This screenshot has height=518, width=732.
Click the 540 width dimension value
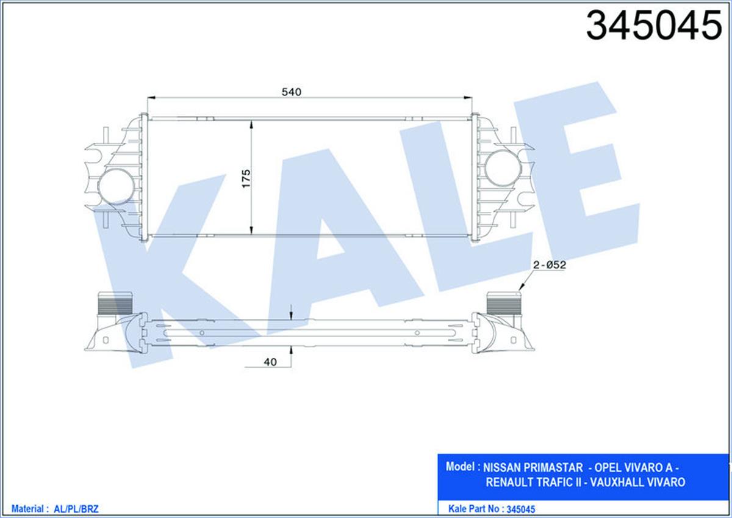292,92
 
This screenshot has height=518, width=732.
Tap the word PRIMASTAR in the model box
556,468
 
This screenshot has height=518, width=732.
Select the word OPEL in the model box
611,468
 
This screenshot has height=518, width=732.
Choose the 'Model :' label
461,467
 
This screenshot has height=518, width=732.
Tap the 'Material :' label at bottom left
28,508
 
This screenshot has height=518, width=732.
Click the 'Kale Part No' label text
473,508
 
